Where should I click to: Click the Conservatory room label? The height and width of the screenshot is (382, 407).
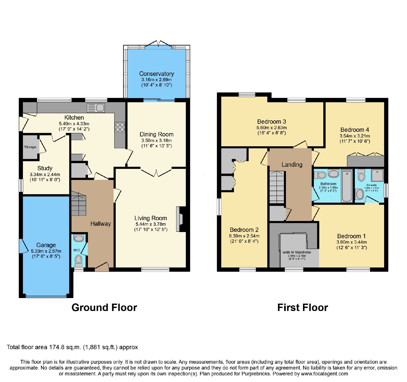[x=156, y=74]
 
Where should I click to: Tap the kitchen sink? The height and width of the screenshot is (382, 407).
[x=96, y=108]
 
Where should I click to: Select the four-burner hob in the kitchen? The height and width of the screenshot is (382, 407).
[x=120, y=127]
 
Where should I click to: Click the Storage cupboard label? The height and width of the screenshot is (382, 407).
[x=30, y=147]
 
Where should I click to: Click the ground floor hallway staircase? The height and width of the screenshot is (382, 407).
[x=79, y=204]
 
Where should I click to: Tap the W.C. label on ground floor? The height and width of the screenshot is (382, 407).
[x=77, y=250]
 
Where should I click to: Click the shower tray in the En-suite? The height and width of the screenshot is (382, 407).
[x=377, y=175]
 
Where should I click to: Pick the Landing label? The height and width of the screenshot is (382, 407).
[x=292, y=165]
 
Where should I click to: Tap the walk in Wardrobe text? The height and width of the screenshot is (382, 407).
[x=297, y=252]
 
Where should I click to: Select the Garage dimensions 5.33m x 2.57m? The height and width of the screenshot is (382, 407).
[x=46, y=251]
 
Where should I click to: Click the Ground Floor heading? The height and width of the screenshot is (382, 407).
[x=104, y=307]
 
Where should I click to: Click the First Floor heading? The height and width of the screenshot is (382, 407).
[x=303, y=307]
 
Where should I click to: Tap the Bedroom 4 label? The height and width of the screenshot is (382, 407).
[x=355, y=130]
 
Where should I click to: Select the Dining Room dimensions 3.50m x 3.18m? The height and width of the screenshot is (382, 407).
[x=156, y=140]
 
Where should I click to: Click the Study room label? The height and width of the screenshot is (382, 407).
[x=45, y=168]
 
